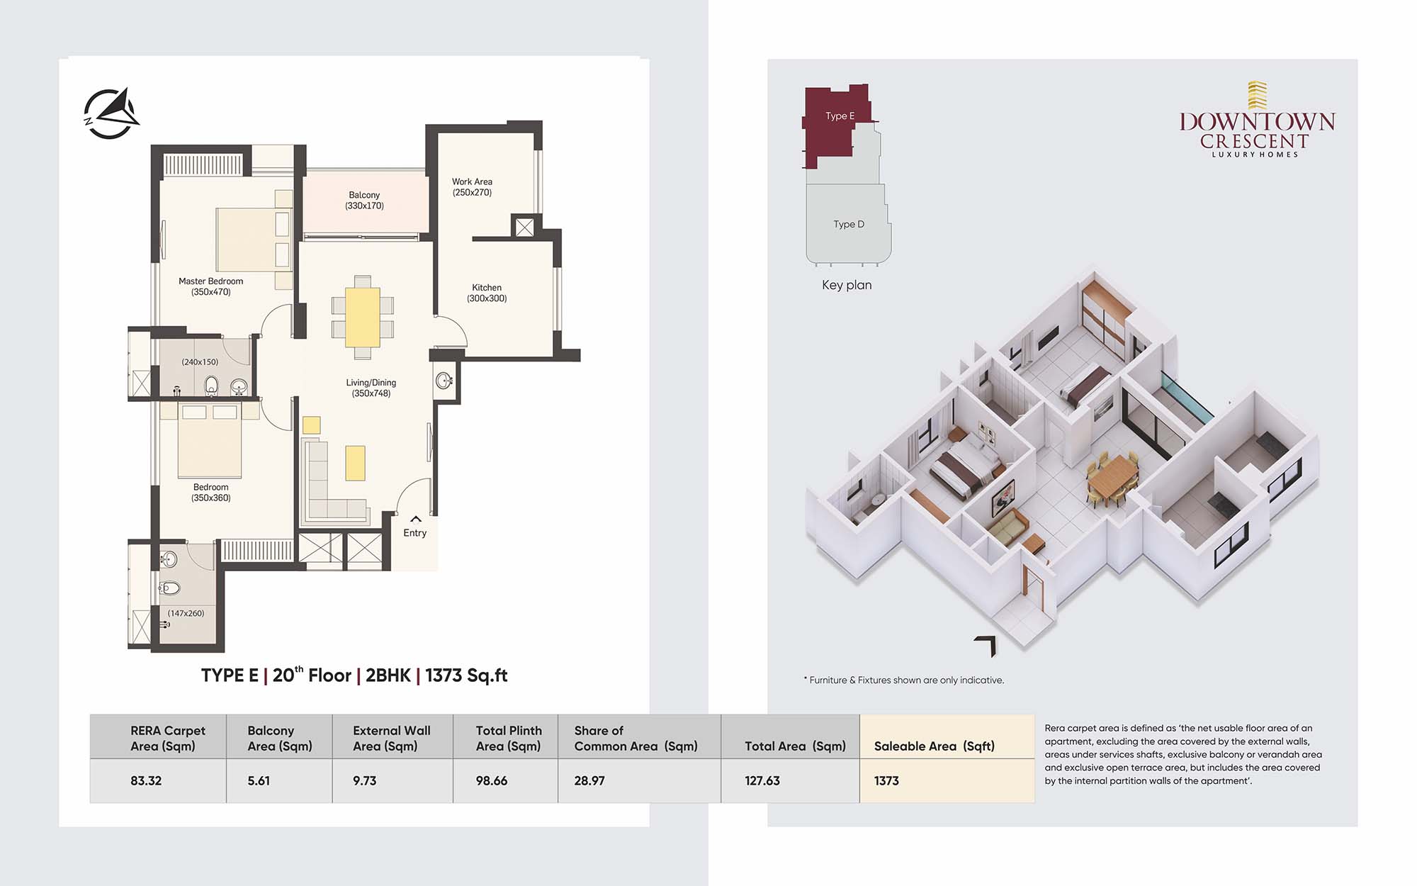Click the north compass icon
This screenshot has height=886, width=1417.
click(x=111, y=113)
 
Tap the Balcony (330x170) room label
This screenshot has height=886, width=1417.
click(x=364, y=201)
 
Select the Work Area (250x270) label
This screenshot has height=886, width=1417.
click(x=472, y=187)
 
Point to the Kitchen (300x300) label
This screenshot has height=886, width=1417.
click(x=487, y=293)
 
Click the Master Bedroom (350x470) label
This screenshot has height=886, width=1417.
click(x=210, y=286)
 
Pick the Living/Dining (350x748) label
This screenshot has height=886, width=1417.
click(x=371, y=388)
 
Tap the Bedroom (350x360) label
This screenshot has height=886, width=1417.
click(x=210, y=493)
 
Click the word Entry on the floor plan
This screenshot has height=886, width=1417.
click(x=415, y=533)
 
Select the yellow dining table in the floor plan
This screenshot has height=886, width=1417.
click(x=363, y=318)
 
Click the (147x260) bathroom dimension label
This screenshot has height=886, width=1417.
click(x=186, y=613)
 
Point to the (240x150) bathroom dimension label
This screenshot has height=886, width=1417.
click(x=200, y=361)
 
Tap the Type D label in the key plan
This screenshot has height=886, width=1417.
click(x=849, y=224)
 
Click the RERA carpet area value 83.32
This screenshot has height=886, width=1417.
click(x=146, y=780)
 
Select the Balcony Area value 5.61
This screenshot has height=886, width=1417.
click(x=259, y=780)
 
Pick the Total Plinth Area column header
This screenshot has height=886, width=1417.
click(x=509, y=738)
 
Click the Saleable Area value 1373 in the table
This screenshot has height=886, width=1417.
click(x=886, y=780)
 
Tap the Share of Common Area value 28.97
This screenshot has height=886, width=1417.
click(x=589, y=780)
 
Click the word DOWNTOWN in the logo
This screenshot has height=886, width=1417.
click(x=1257, y=122)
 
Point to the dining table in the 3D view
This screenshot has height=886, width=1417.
click(x=1112, y=476)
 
